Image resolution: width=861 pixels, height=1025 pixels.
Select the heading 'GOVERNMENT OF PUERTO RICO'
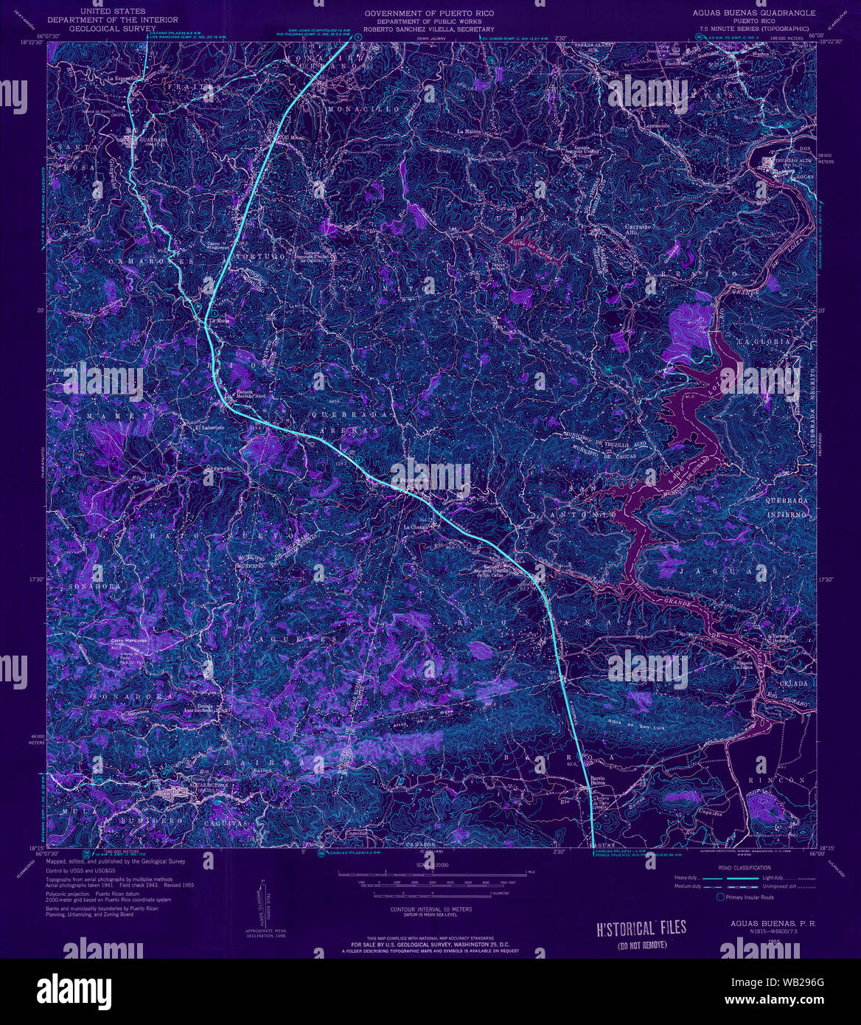pyautogui.click(x=430, y=13)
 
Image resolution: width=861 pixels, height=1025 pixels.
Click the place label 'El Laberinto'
pyautogui.click(x=208, y=427)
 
